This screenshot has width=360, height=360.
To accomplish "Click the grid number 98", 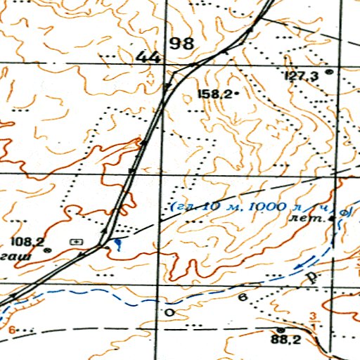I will pos(182,44).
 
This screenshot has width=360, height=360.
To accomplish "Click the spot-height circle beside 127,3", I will pos(328,72).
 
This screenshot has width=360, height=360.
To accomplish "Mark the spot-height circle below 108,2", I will pos(47,250).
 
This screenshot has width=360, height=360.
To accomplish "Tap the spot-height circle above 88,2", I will pos(280,329).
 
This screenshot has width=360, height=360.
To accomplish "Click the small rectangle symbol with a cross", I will pos(76,241).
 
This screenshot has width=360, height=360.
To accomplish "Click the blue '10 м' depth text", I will pos(212,207).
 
